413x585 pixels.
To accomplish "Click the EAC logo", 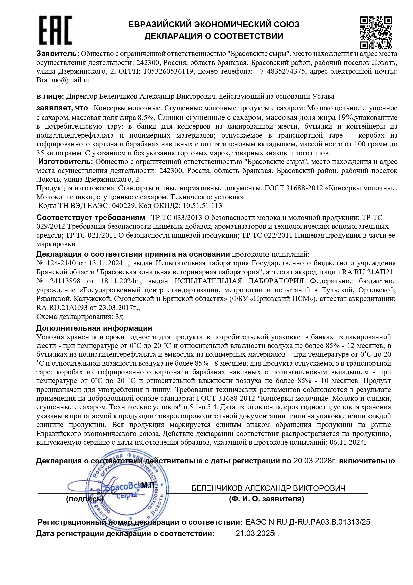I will point(55,30).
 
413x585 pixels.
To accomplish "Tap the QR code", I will point(376,32).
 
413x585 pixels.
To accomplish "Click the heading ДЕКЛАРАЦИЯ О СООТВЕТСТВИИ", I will point(213,36).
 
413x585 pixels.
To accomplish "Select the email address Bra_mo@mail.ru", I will point(63,80).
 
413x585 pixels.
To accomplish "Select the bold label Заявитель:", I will point(58,54).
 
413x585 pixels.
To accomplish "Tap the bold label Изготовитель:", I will point(66,162).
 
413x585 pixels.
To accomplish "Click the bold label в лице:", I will point(50,96).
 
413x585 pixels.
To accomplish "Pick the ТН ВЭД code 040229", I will point(124,206).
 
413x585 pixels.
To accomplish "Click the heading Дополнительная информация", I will point(94,328).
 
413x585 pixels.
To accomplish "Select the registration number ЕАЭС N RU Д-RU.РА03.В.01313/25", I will point(307,522).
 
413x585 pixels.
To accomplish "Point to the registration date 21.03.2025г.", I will point(257,533).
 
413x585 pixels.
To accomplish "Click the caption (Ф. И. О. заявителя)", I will point(266,499).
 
